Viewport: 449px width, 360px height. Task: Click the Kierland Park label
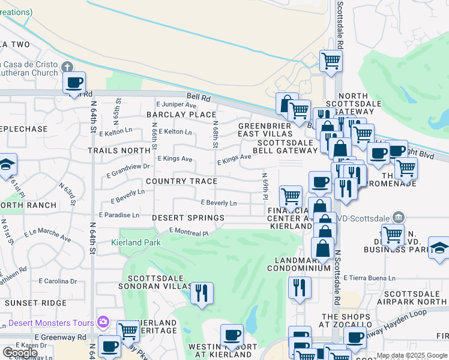[x=136, y=243]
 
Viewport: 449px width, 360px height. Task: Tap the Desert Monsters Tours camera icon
[x=103, y=322]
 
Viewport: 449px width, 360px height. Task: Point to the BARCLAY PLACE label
[x=181, y=115]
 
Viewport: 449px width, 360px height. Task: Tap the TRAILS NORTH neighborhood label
[x=119, y=151]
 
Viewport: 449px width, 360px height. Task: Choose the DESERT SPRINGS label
[x=188, y=218]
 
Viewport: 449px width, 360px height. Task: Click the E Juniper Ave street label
[x=176, y=104]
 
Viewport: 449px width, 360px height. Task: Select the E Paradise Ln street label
[x=119, y=215]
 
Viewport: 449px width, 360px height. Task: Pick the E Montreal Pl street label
[x=188, y=232]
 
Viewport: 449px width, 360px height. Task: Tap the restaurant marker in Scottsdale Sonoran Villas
[x=202, y=293]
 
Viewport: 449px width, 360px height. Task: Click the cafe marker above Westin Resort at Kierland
[x=232, y=334]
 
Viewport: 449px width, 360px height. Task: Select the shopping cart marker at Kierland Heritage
[x=127, y=329]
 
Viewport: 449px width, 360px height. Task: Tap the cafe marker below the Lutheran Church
[x=74, y=83]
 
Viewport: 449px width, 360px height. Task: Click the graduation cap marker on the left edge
[x=7, y=164]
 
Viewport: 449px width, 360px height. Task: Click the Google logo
[x=20, y=353]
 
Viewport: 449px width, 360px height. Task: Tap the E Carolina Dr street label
[x=58, y=281]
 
